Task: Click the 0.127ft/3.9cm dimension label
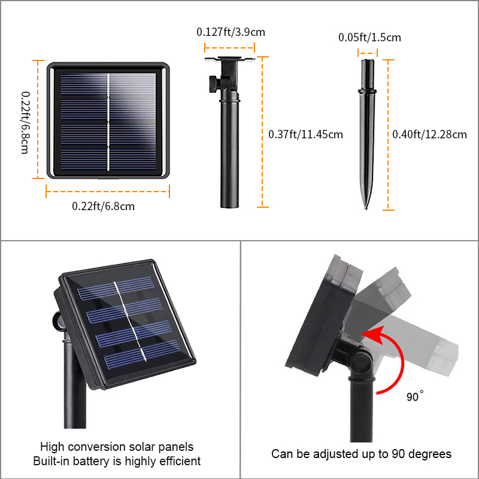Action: click(x=231, y=32)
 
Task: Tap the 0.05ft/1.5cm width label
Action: click(x=369, y=37)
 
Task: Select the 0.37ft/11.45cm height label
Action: click(x=305, y=134)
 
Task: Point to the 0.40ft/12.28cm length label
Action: click(x=429, y=134)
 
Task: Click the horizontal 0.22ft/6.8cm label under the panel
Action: click(x=103, y=206)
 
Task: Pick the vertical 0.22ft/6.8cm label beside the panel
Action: click(x=25, y=123)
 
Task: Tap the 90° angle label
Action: click(x=414, y=396)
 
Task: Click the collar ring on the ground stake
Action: click(x=367, y=91)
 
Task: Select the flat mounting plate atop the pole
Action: click(x=230, y=59)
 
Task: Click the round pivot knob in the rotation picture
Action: click(x=362, y=362)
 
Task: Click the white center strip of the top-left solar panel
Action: click(x=108, y=122)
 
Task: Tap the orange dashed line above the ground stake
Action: click(x=368, y=53)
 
